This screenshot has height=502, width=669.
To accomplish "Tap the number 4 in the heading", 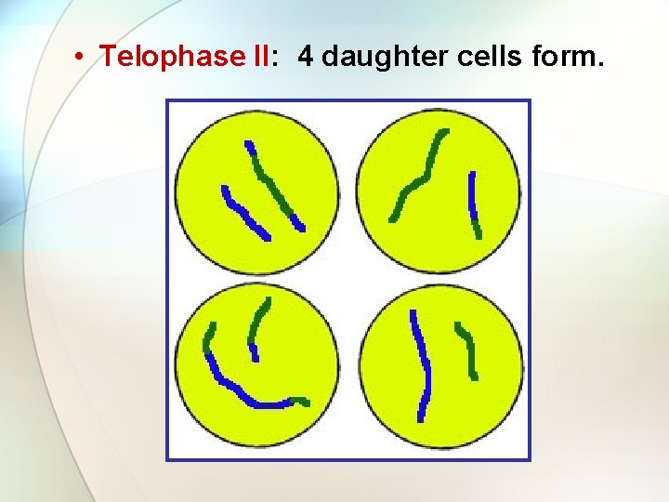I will [306, 57].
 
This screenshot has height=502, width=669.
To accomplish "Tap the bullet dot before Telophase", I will [83, 57].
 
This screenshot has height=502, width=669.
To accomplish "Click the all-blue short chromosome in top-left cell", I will [244, 214].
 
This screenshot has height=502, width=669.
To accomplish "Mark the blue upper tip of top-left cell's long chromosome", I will [248, 146].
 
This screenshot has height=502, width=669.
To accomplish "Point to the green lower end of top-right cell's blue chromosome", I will [478, 230].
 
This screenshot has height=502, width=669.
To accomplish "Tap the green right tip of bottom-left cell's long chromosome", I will [301, 402].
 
